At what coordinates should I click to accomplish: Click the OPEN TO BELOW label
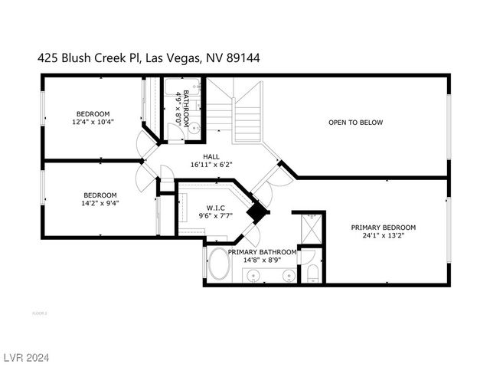(x=354, y=122)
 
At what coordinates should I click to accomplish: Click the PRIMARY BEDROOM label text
(x=383, y=228)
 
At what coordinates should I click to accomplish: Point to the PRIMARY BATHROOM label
(x=263, y=252)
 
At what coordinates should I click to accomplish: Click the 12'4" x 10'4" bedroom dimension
(x=93, y=122)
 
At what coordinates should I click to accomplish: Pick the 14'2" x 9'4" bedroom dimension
(x=101, y=203)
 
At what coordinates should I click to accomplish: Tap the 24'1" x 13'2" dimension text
(x=383, y=236)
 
